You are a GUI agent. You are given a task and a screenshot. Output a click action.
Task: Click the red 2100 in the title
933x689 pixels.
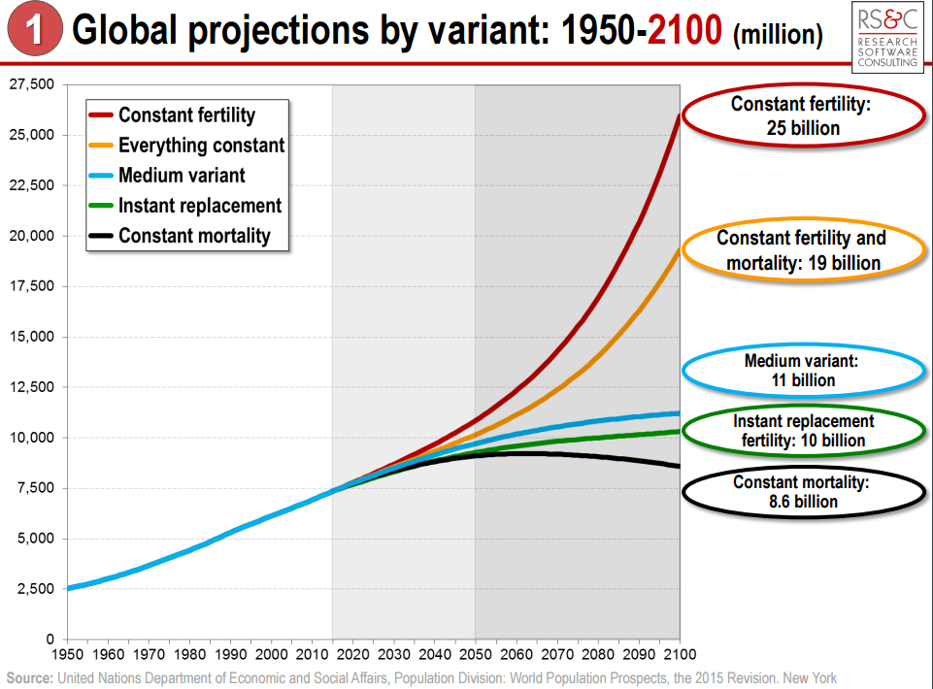tap(685, 32)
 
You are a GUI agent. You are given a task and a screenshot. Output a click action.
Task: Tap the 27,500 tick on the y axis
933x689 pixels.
tap(32, 84)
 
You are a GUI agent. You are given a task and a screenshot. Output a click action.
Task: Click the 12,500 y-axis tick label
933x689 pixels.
tap(32, 387)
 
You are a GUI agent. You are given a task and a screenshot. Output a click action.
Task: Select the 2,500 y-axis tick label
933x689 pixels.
tap(36, 589)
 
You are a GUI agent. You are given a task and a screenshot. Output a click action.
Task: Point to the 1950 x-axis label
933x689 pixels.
tap(67, 654)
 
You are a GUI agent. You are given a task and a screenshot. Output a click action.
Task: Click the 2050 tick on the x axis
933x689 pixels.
tap(475, 654)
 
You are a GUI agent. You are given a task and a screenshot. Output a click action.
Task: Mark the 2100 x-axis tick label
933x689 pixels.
tap(679, 654)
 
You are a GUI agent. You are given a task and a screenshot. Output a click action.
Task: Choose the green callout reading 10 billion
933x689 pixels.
tap(803, 431)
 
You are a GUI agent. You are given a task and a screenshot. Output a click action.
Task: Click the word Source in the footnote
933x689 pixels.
tap(30, 677)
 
